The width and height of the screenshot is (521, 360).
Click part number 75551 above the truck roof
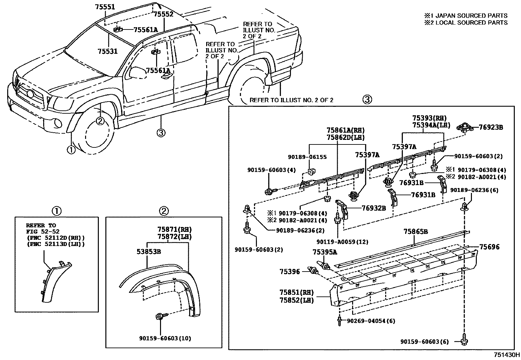105,6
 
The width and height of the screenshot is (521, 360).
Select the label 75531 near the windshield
107,51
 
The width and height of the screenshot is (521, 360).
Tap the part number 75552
163,14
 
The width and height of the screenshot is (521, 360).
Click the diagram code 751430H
507,355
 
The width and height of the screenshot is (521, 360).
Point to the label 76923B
491,127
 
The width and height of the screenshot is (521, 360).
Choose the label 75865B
415,232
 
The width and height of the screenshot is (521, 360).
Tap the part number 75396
290,272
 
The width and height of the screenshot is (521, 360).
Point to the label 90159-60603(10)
161,338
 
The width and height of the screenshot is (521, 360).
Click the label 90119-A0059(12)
342,242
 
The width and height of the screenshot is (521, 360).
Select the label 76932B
374,208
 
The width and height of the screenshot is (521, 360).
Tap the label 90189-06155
307,157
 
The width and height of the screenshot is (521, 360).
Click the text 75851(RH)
296,292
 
